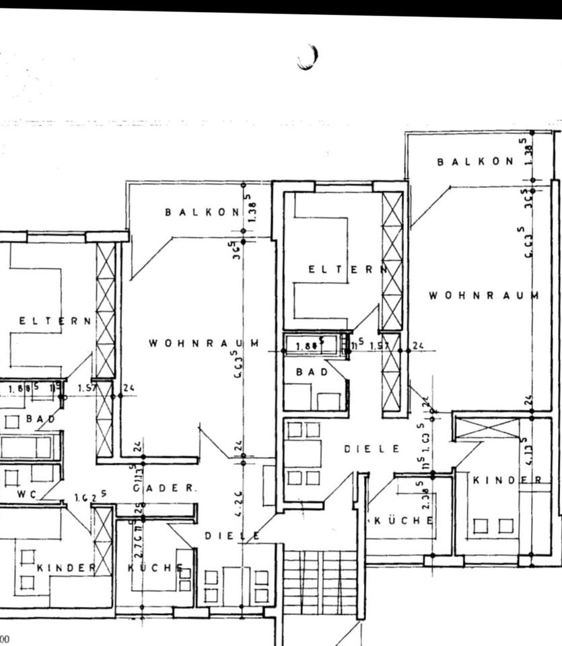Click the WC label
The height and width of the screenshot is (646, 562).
tap(28, 494)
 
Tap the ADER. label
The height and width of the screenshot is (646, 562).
tap(172, 488)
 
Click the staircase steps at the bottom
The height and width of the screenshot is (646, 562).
tap(319, 582)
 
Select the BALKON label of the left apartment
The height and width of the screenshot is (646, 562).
tap(202, 212)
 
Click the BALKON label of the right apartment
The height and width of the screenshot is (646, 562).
tap(475, 161)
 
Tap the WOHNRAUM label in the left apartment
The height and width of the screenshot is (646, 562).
tap(204, 343)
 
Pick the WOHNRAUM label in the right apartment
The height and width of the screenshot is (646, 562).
tap(484, 295)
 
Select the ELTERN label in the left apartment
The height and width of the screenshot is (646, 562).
tap(55, 321)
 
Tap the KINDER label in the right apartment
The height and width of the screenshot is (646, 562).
tap(508, 480)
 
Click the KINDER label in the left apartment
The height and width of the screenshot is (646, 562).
tap(67, 567)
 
